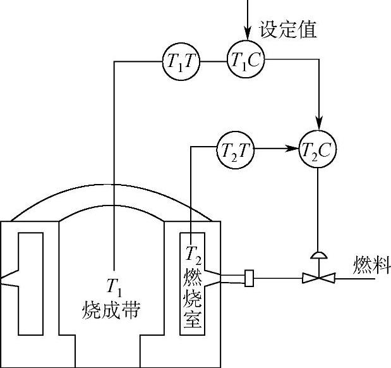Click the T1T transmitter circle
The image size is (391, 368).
tap(181, 61)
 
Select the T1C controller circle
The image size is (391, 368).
tap(246, 61)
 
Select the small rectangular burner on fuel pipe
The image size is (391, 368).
tap(249, 278)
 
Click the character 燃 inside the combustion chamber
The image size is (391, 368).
tap(192, 276)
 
